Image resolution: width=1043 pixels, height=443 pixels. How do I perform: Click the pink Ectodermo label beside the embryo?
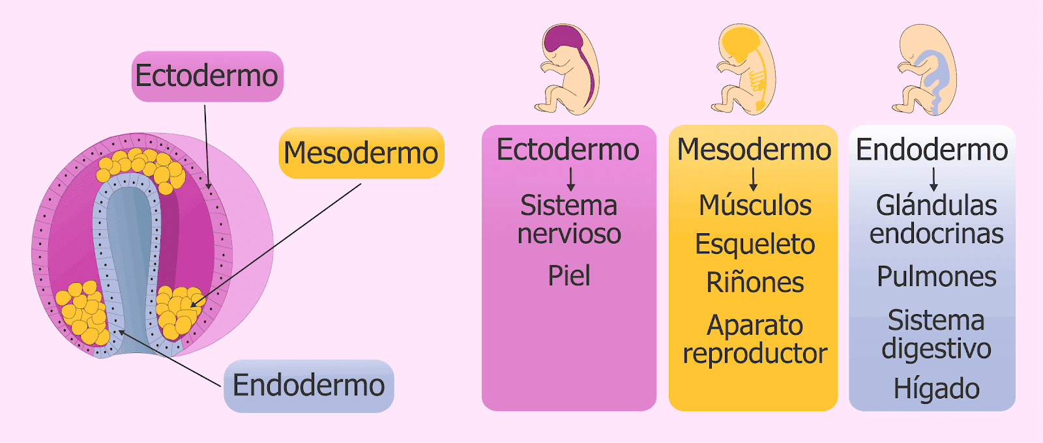point(207,76)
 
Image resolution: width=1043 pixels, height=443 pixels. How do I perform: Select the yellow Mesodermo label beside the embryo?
point(361,153)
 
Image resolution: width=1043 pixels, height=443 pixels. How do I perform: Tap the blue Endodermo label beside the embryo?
point(308,386)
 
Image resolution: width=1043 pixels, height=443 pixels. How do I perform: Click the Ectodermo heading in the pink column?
point(568,150)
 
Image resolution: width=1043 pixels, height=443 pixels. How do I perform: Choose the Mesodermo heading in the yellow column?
point(754,150)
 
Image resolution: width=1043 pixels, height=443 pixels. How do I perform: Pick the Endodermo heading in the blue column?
point(932,150)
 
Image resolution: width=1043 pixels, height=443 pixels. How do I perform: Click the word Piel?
point(569,276)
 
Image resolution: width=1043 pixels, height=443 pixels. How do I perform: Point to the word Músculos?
point(755,206)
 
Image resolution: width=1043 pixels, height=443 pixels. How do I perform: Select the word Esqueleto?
point(755,244)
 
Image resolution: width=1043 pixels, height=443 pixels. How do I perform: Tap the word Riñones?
point(755,283)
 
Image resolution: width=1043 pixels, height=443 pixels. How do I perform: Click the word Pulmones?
point(936,277)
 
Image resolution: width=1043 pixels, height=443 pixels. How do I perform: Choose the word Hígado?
point(936,389)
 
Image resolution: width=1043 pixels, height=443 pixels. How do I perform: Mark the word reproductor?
point(755,354)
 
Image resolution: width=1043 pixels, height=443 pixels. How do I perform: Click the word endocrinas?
point(936,234)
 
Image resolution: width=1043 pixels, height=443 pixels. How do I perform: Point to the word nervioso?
point(569,234)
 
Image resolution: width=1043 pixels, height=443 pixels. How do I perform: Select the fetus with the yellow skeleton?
point(744,70)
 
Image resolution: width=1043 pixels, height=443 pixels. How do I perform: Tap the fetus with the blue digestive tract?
point(926,70)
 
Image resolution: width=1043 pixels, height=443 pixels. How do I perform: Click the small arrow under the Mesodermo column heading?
point(754,178)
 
